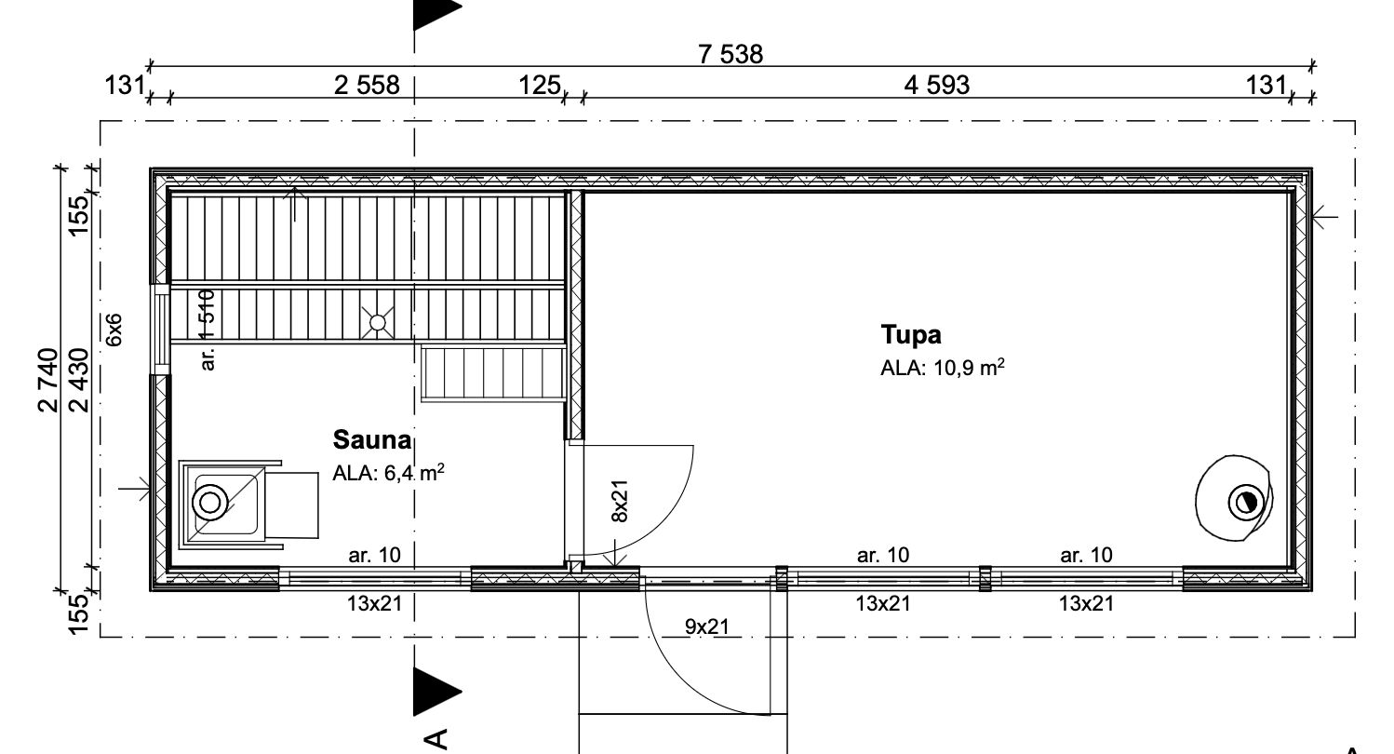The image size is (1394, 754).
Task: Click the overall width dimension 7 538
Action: point(730,54)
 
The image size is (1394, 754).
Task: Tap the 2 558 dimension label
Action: point(367,85)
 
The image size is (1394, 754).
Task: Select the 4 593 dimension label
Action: point(936,85)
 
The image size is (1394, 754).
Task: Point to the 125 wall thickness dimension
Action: point(540,85)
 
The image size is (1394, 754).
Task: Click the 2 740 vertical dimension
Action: point(47,380)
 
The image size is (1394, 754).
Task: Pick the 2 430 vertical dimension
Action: point(80,380)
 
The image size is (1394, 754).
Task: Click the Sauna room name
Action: point(372,439)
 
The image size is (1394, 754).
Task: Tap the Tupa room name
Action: point(911,334)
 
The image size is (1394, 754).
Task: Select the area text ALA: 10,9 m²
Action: point(942,368)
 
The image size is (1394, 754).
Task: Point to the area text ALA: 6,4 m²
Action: point(388,473)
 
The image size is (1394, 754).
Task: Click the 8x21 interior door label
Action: point(620,501)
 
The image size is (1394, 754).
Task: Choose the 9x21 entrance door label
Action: point(707,626)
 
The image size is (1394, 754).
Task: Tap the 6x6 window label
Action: point(114,330)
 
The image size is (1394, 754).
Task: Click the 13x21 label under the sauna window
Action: point(375,602)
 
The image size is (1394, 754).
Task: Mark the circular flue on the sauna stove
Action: point(209,503)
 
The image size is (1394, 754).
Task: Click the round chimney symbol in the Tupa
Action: point(1246,503)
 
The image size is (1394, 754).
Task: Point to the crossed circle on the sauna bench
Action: point(378,322)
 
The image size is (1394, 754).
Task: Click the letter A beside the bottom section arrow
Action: point(436,738)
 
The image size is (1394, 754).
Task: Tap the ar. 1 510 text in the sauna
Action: point(208,330)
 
